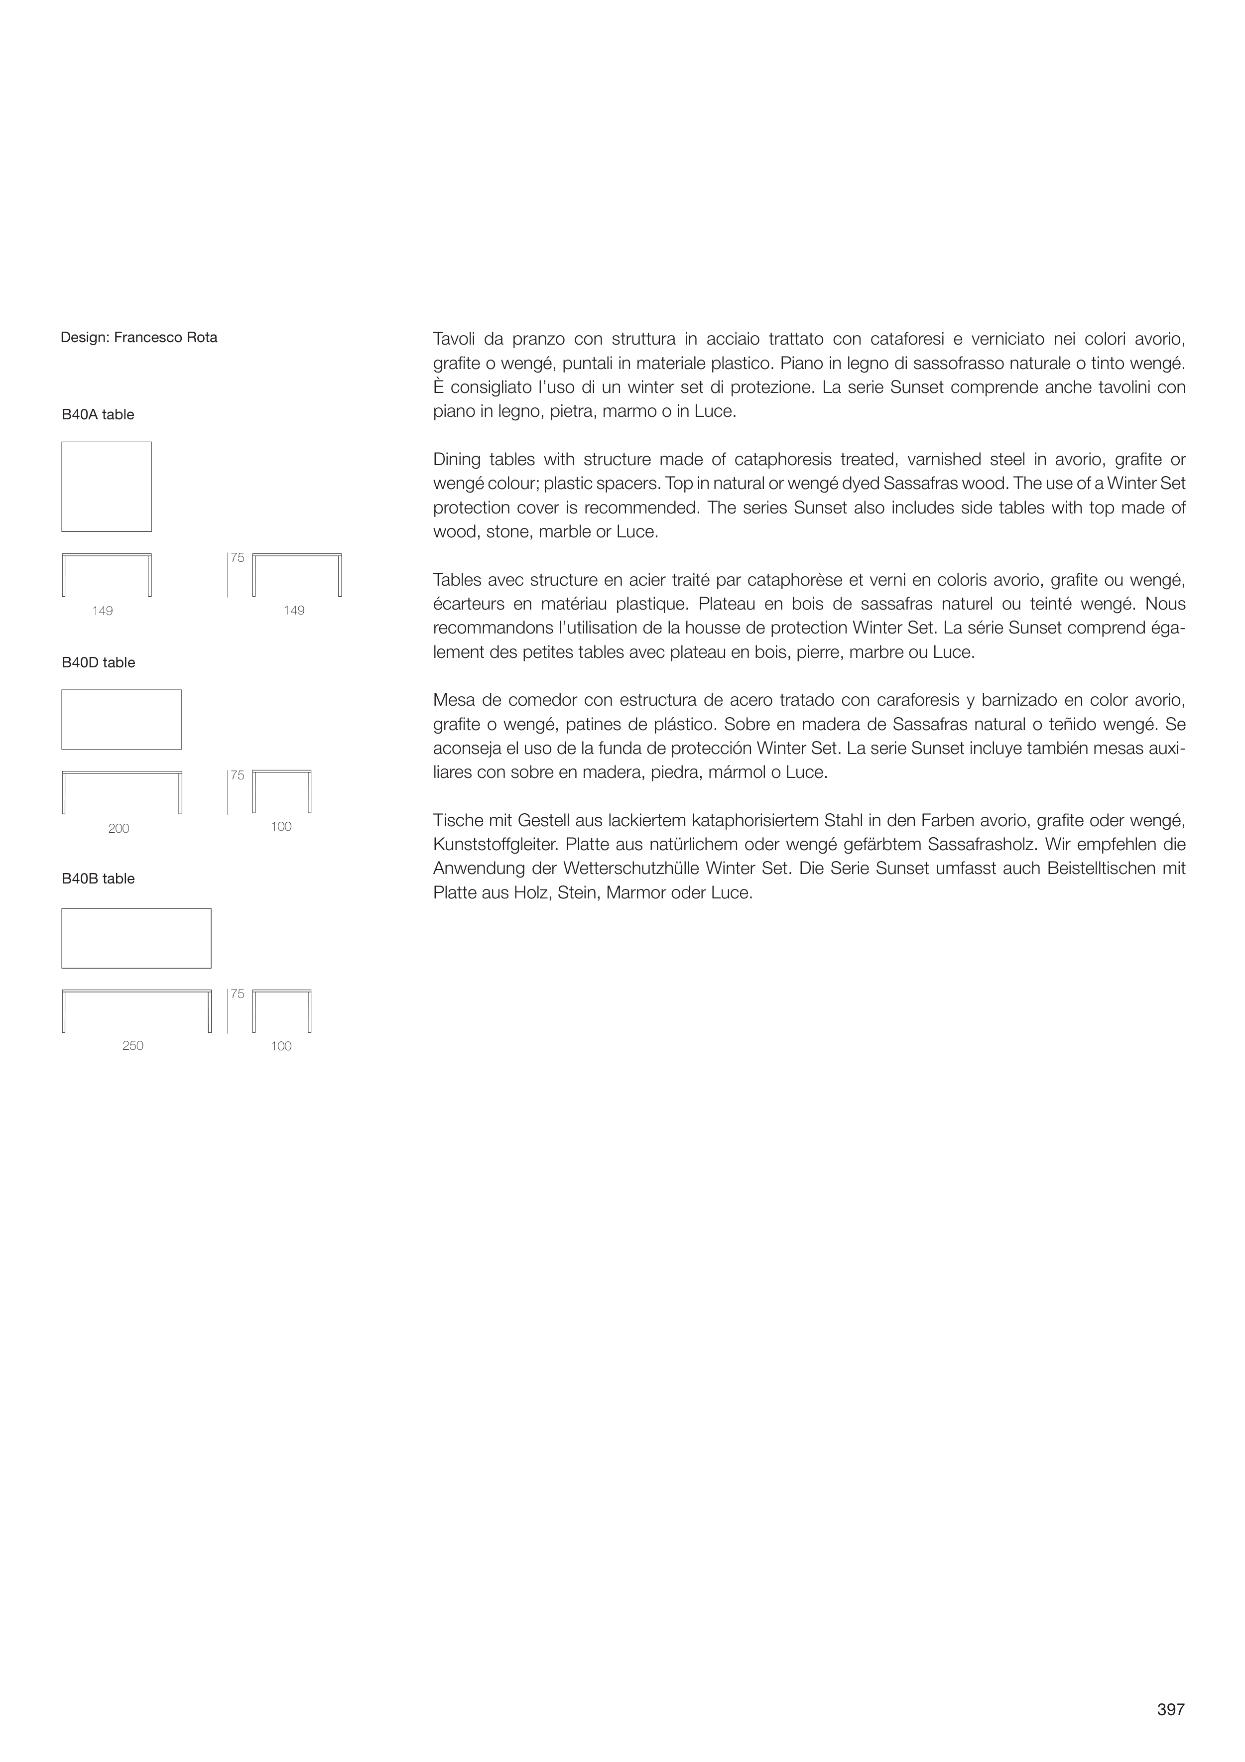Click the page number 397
click(x=1170, y=1709)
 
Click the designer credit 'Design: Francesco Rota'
click(x=139, y=338)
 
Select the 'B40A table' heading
click(x=98, y=415)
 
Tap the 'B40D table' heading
click(x=98, y=663)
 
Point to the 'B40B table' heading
click(x=98, y=880)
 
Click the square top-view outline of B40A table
click(x=107, y=487)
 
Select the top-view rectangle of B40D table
click(x=122, y=720)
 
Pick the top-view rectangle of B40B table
click(x=136, y=939)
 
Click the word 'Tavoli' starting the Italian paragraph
click(x=454, y=339)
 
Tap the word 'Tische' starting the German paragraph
click(x=456, y=821)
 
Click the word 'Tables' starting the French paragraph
click(x=456, y=580)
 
